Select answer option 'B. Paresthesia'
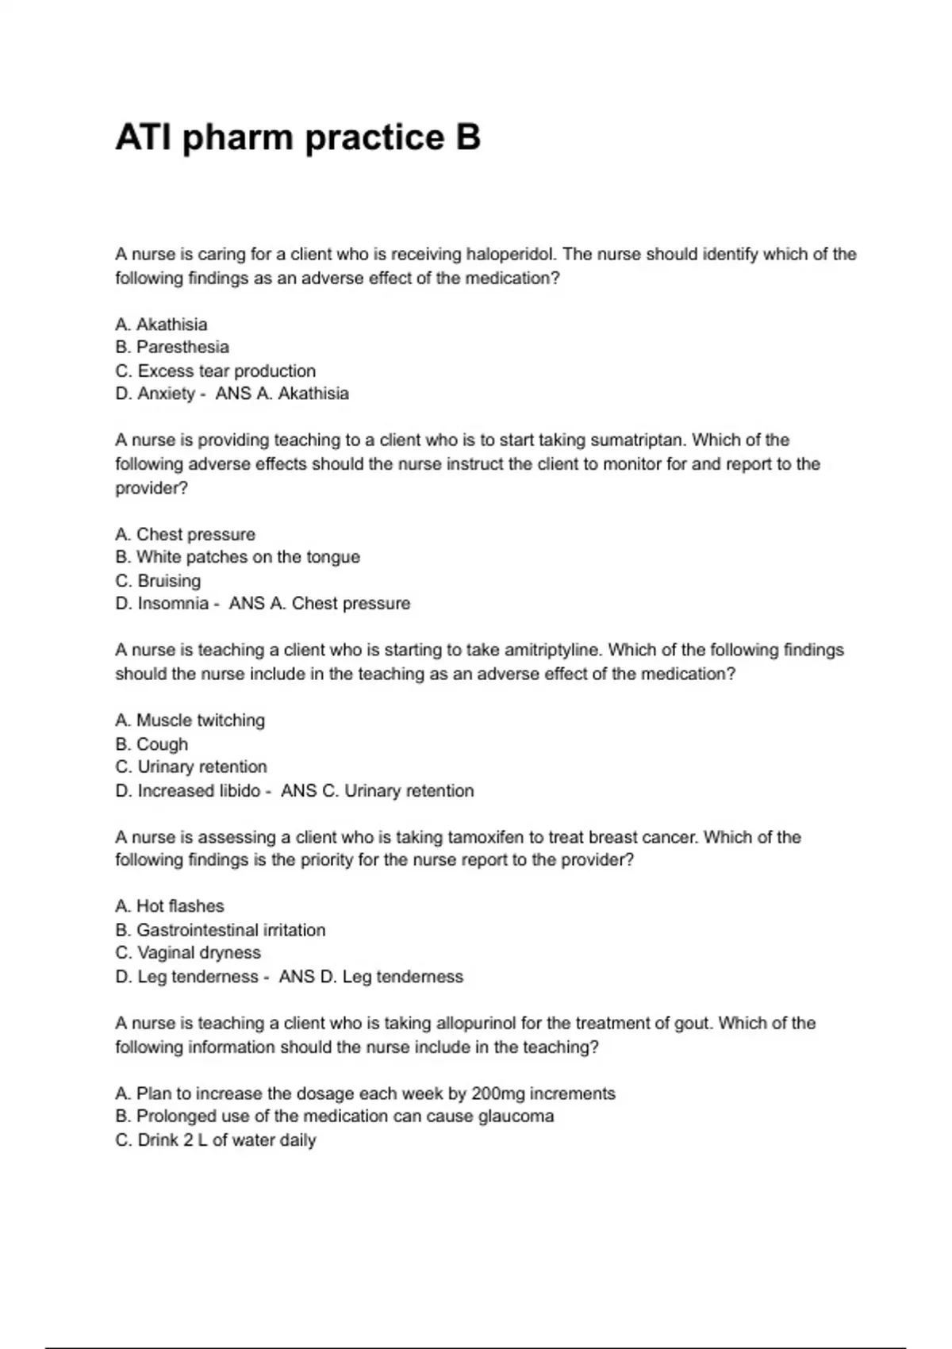(172, 348)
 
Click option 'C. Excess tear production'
(215, 371)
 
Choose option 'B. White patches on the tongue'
(237, 557)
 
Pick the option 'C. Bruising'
(158, 581)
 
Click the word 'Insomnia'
(173, 604)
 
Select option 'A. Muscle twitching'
(190, 721)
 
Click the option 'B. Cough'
(152, 744)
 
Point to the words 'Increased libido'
(198, 791)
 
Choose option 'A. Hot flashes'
(170, 906)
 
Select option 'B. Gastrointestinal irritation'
(220, 930)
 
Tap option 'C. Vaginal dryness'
(188, 953)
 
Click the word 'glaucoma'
(516, 1116)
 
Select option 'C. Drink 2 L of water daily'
(215, 1140)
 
